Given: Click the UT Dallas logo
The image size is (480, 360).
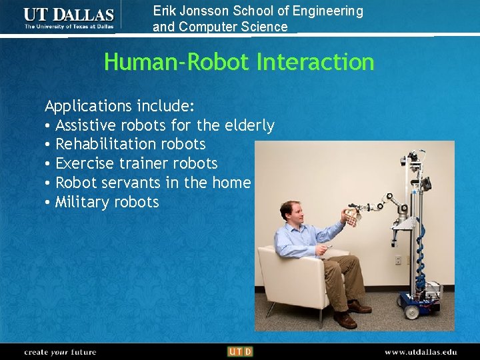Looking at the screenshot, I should pyautogui.click(x=69, y=18).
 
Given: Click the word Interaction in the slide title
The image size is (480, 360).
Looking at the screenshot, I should pyautogui.click(x=315, y=62).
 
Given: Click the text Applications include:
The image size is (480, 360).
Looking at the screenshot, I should pyautogui.click(x=119, y=106).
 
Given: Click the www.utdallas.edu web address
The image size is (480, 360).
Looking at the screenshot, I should pyautogui.click(x=420, y=351).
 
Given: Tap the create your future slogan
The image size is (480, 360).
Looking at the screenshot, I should pyautogui.click(x=60, y=351).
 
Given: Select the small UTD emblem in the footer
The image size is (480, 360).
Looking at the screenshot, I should pyautogui.click(x=240, y=351).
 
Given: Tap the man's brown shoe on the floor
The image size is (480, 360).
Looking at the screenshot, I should pyautogui.click(x=345, y=321).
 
